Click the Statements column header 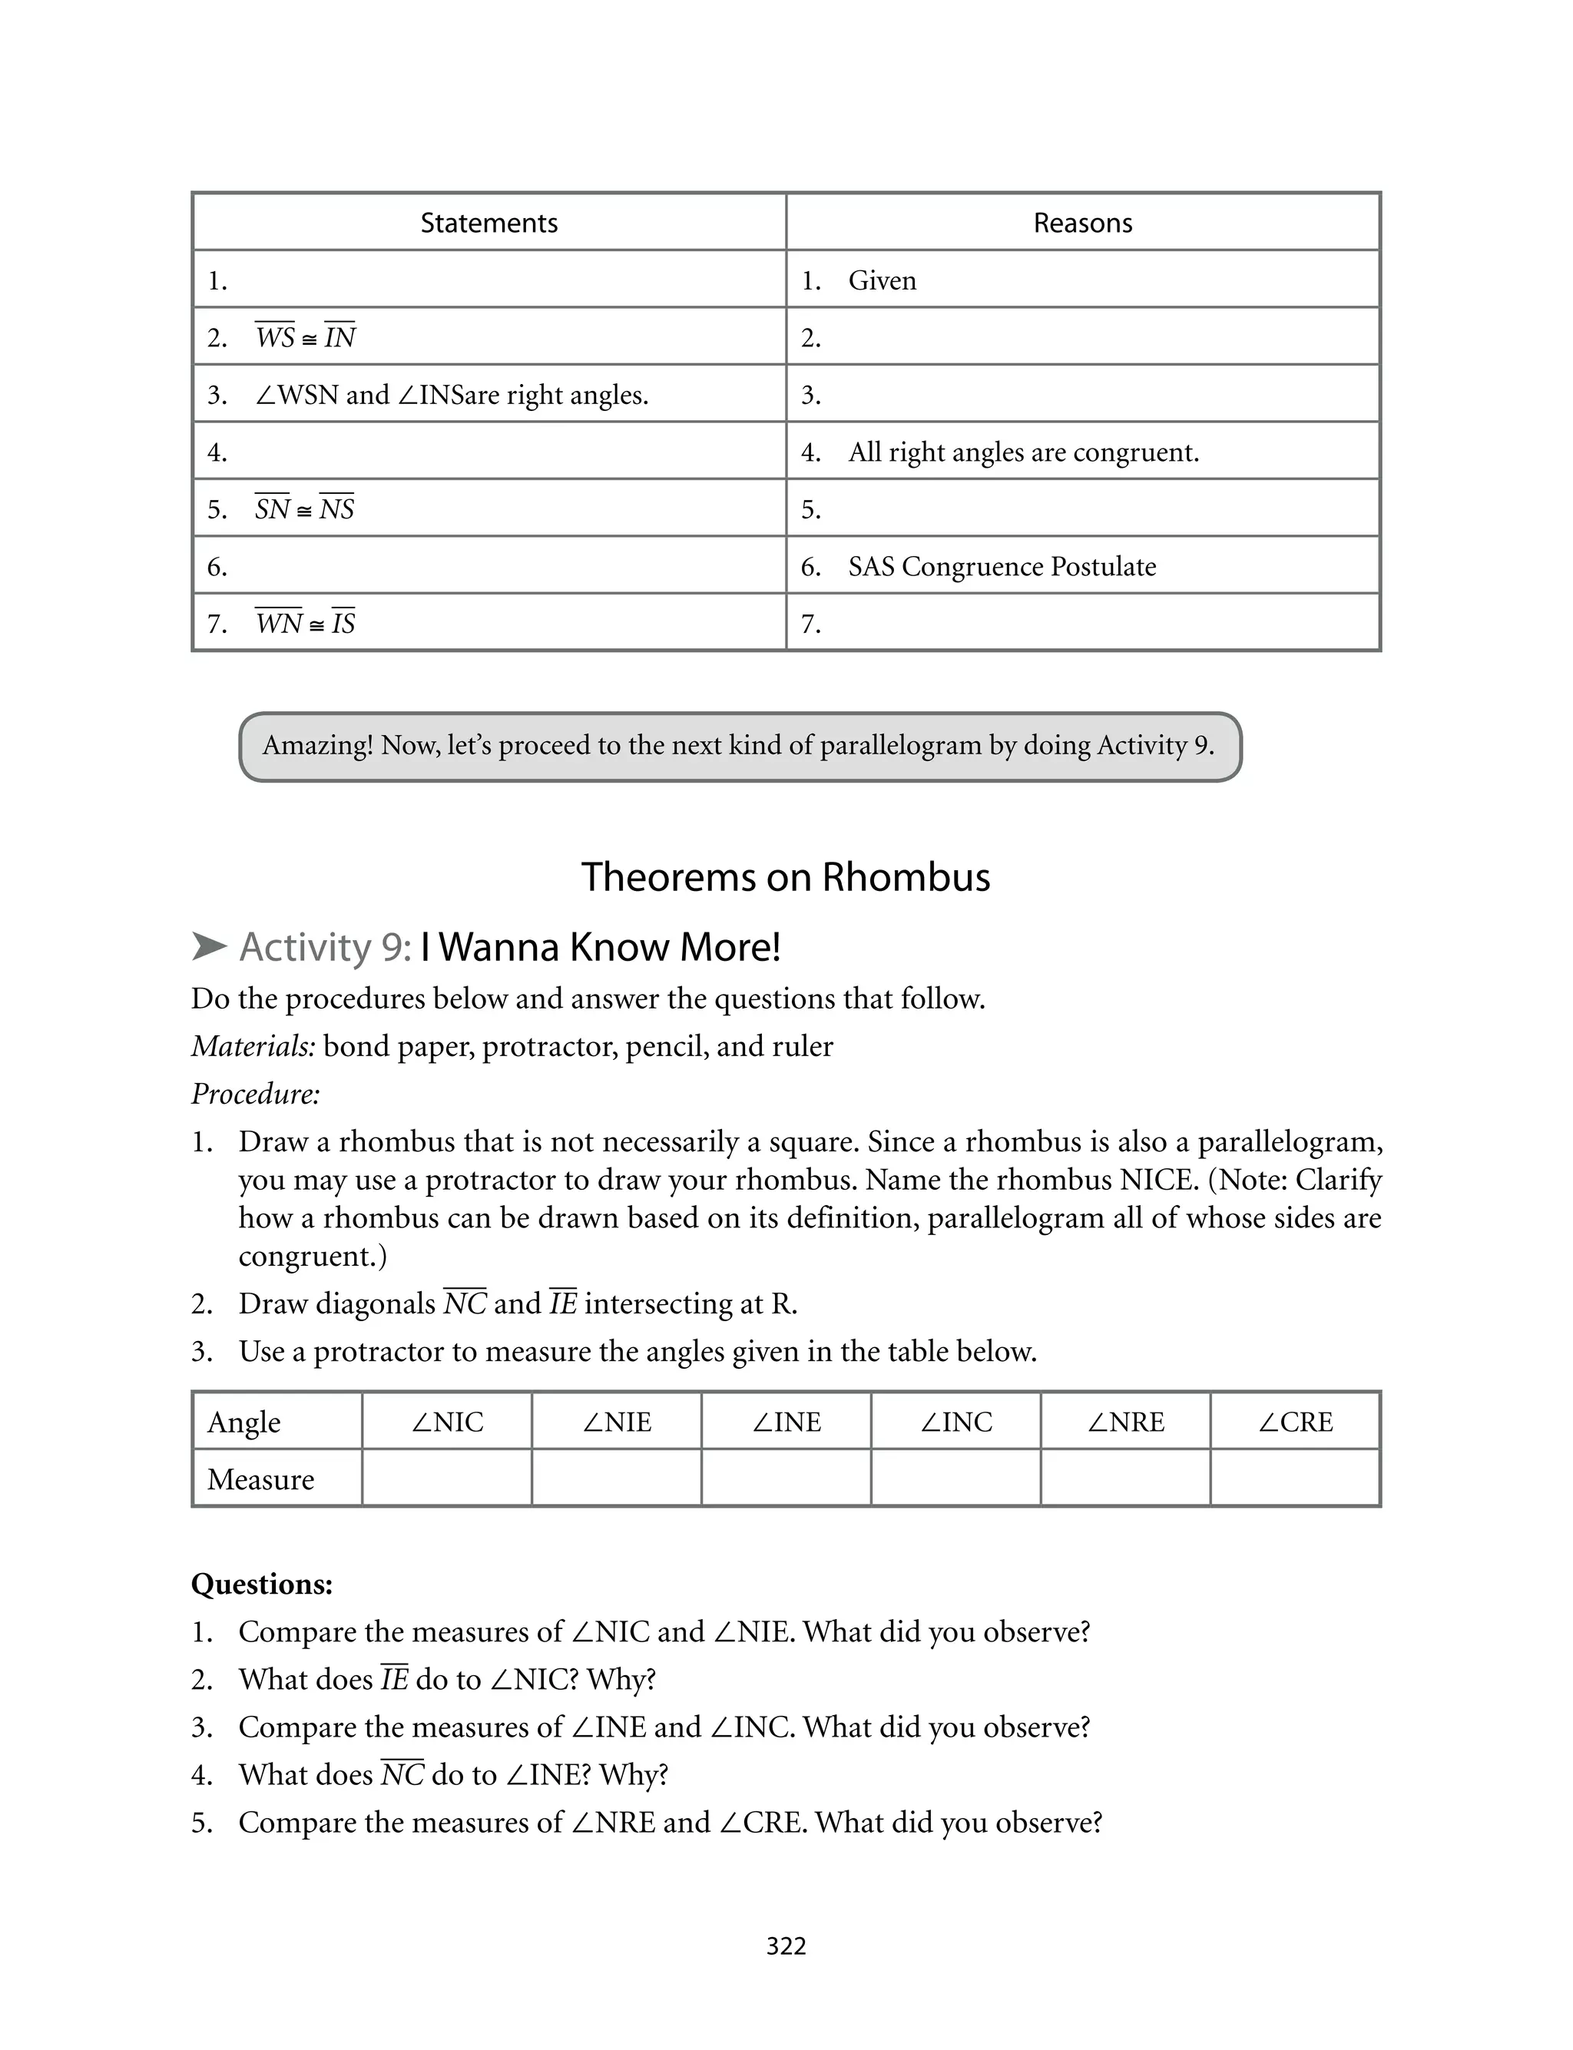pyautogui.click(x=488, y=223)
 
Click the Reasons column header pyautogui.click(x=1082, y=223)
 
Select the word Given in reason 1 pyautogui.click(x=882, y=280)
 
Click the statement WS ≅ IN pyautogui.click(x=305, y=337)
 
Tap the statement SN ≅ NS pyautogui.click(x=304, y=508)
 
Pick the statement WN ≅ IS pyautogui.click(x=305, y=622)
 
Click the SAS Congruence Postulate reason pyautogui.click(x=1002, y=566)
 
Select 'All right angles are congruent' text pyautogui.click(x=1023, y=452)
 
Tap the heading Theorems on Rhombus pyautogui.click(x=786, y=877)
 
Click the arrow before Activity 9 pyautogui.click(x=209, y=946)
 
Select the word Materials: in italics pyautogui.click(x=253, y=1045)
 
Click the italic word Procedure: pyautogui.click(x=256, y=1093)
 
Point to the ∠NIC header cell pyautogui.click(x=446, y=1422)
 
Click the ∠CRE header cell pyautogui.click(x=1295, y=1422)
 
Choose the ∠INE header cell pyautogui.click(x=786, y=1422)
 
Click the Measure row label pyautogui.click(x=260, y=1479)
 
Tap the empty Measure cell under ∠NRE pyautogui.click(x=1124, y=1479)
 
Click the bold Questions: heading pyautogui.click(x=262, y=1584)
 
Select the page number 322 pyautogui.click(x=786, y=1946)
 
